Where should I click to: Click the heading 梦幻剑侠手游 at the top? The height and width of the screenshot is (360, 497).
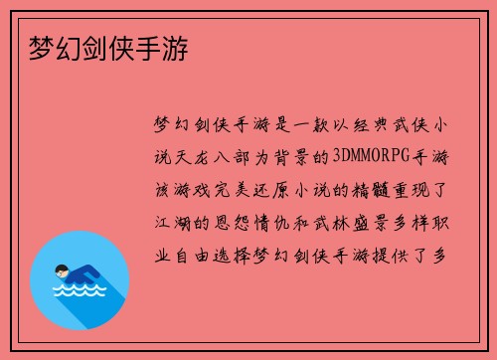[x=104, y=48]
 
